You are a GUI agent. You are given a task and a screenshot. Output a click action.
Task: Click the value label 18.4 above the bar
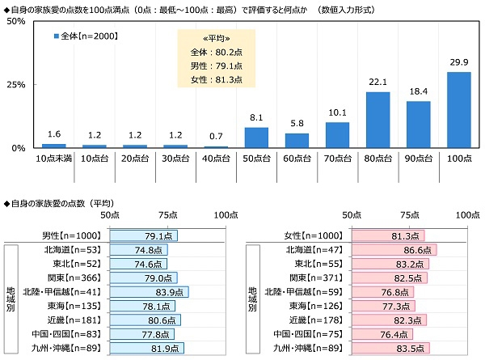pos(419,91)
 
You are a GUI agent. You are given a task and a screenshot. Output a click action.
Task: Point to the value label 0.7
pos(216,136)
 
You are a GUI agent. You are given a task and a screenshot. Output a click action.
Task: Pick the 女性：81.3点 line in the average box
pos(205,78)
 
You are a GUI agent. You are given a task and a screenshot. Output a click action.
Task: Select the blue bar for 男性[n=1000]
pos(143,235)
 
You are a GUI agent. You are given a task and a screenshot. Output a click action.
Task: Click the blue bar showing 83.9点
pos(149,292)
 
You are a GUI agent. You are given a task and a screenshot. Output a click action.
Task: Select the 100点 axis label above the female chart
pos(467,215)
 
